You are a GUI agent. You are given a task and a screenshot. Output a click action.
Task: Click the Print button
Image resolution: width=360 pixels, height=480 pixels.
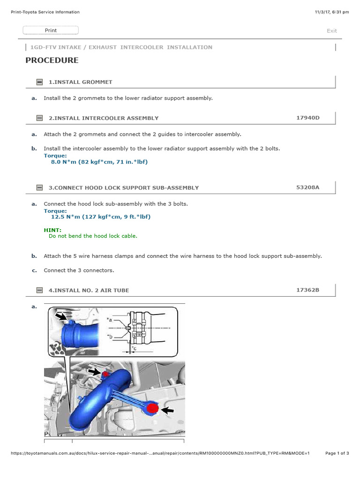click(51, 30)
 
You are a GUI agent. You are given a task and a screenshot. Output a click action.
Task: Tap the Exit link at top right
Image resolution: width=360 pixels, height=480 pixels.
click(331, 31)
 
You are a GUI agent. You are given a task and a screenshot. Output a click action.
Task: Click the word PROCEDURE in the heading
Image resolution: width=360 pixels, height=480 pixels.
click(52, 60)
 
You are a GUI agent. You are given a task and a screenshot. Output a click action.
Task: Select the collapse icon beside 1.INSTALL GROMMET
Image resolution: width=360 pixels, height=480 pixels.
click(39, 82)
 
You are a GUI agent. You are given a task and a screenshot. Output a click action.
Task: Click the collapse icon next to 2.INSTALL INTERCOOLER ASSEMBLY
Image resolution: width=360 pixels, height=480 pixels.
click(39, 118)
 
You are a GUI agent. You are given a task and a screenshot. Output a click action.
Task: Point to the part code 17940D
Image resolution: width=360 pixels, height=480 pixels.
click(307, 118)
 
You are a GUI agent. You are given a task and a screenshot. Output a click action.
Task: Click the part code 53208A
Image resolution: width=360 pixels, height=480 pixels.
click(307, 187)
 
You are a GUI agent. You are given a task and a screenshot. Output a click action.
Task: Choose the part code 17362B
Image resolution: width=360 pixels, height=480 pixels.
click(307, 290)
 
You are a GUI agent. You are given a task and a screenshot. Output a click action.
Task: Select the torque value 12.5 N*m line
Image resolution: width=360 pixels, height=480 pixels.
click(101, 217)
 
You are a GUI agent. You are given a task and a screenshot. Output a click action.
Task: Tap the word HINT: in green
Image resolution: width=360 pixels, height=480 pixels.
click(52, 230)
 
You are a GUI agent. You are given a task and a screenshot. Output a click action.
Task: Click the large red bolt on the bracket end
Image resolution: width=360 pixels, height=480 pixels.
click(152, 409)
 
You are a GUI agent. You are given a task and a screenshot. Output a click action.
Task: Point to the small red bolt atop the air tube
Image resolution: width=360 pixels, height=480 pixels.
click(106, 375)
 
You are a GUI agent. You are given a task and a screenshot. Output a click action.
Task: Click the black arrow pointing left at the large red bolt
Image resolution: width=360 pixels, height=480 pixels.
click(167, 410)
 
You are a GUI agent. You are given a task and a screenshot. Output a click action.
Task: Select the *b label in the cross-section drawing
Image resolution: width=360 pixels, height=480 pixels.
click(109, 336)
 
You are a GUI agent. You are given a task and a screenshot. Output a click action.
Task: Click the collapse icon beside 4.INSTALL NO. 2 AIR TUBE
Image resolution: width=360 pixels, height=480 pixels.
click(39, 290)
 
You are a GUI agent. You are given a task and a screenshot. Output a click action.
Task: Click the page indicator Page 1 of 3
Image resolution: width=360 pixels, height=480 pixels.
click(337, 453)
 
